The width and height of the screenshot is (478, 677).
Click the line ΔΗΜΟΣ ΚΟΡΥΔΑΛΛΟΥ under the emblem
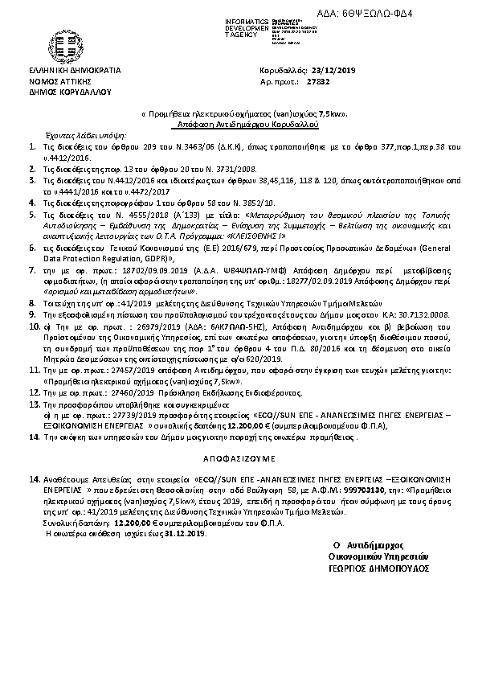[x=63, y=91]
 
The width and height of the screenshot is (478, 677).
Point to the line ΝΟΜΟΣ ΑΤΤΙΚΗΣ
[x=59, y=81]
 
